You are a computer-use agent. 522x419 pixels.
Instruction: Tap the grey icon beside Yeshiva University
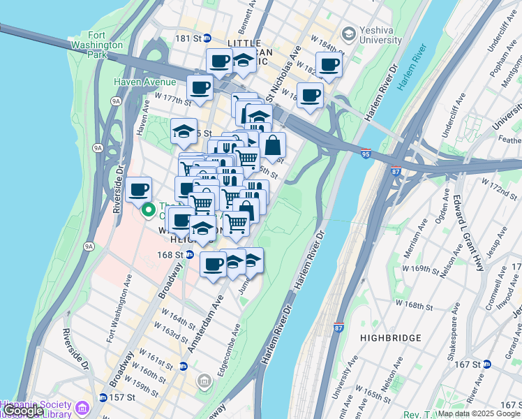click(348, 34)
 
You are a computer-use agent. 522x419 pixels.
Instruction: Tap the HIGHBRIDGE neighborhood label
click(391, 338)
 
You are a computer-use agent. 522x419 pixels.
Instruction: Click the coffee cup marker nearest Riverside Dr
click(139, 189)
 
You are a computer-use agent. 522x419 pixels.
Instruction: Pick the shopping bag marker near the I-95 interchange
click(272, 145)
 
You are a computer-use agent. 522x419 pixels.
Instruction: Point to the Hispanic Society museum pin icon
click(83, 406)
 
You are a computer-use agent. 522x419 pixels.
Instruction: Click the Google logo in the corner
click(22, 411)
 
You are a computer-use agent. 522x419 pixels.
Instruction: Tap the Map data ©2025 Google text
click(479, 413)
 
